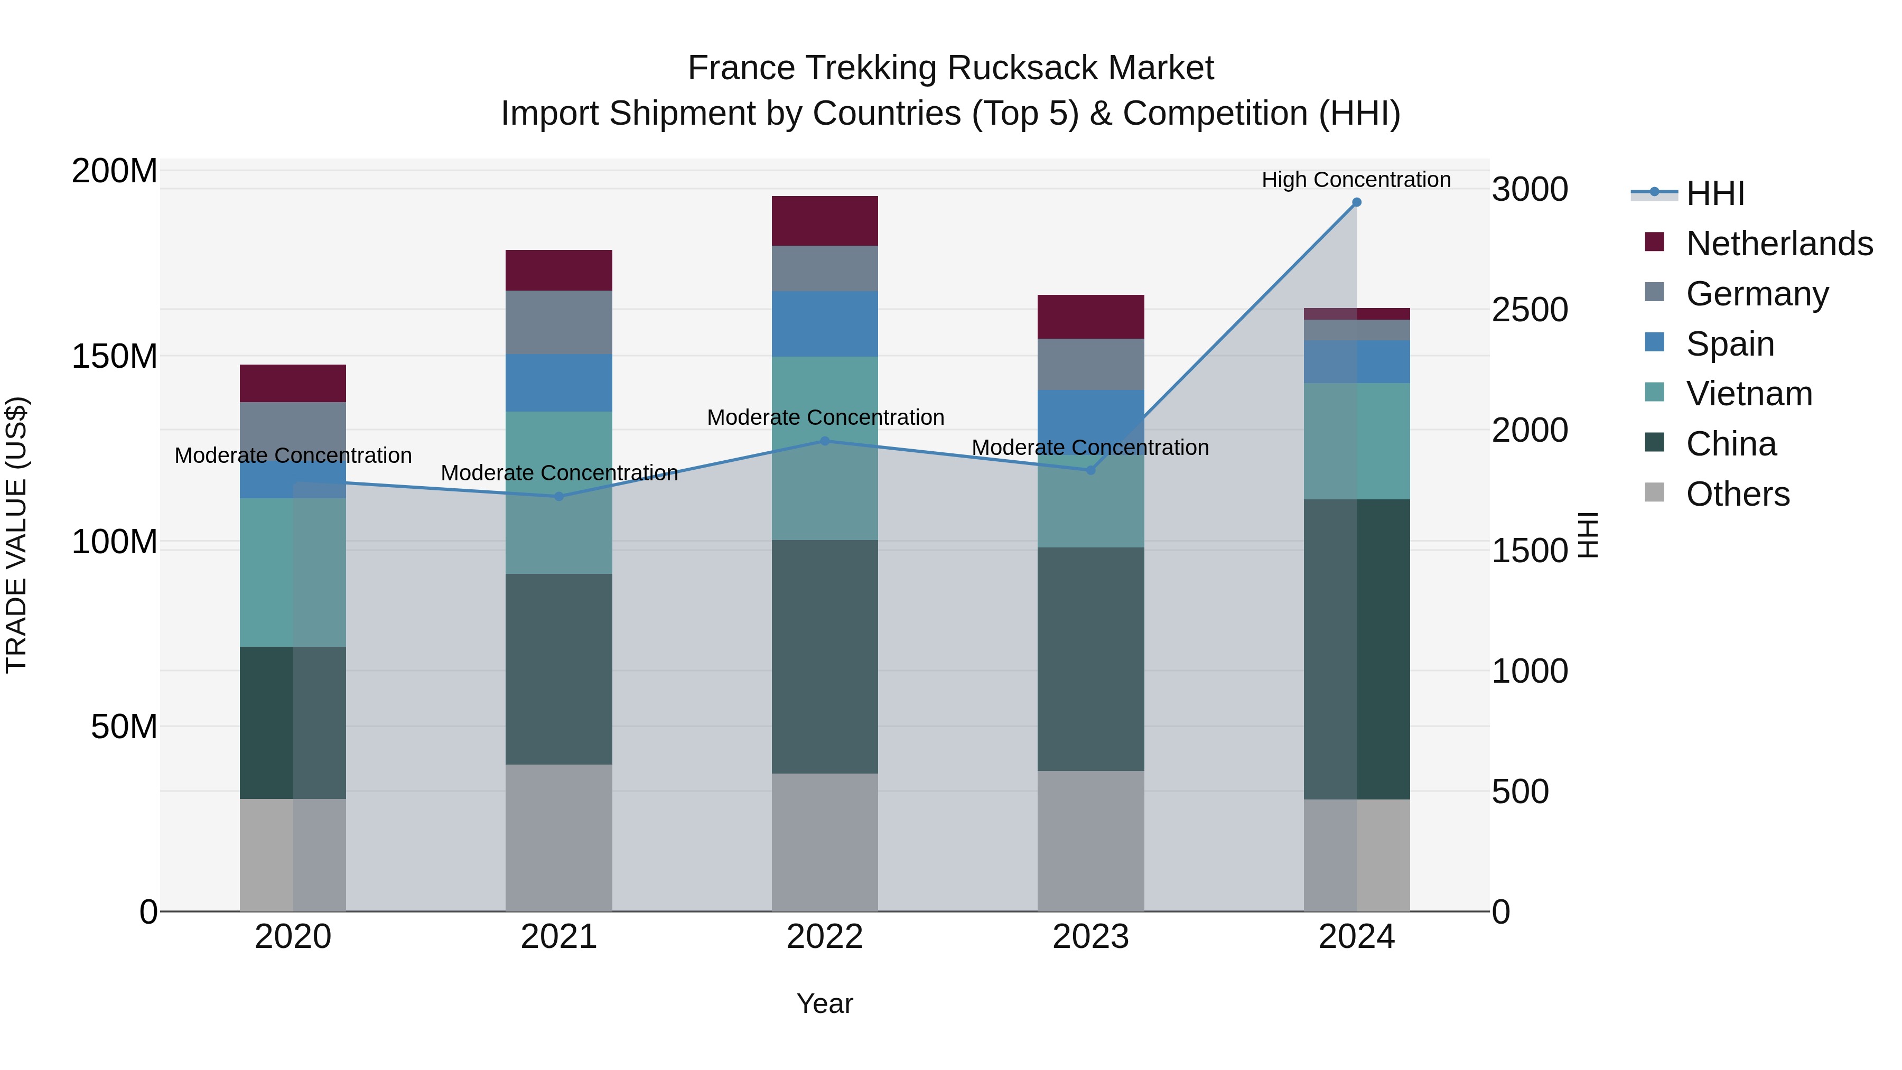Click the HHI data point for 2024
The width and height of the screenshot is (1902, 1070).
point(1356,202)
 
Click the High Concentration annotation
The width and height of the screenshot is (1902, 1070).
point(1356,180)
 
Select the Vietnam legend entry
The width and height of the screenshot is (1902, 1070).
point(1748,394)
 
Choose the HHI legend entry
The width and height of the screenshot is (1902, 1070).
point(1714,193)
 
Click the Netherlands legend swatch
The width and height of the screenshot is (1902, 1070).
point(1655,242)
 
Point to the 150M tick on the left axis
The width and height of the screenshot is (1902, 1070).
point(115,357)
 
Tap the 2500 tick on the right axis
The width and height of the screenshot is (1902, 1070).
point(1529,310)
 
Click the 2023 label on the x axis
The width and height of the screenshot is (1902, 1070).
point(1090,937)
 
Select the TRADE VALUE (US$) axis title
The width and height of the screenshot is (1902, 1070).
point(16,535)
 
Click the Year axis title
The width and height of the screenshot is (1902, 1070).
point(825,1003)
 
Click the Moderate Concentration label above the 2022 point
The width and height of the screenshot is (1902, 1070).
point(825,417)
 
